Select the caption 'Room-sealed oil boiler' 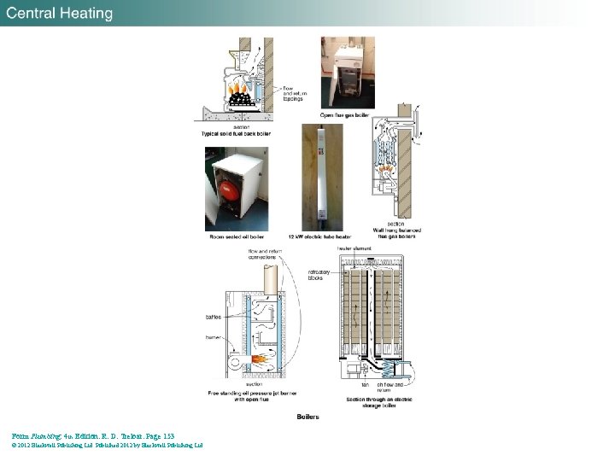(237, 236)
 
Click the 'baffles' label (213, 317)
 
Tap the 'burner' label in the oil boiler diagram (213, 338)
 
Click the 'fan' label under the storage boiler (364, 384)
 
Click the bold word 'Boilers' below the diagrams (307, 417)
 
